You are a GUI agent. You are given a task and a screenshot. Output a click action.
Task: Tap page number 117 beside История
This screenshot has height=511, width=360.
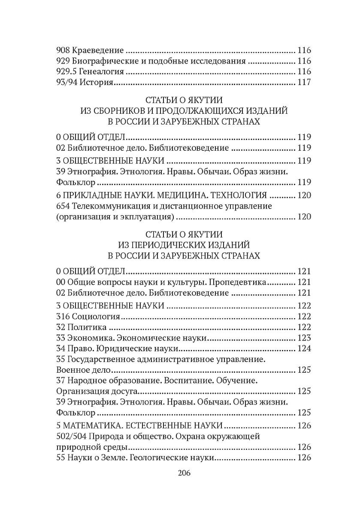click(304, 82)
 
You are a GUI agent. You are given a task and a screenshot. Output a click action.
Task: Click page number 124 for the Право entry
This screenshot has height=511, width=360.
click(304, 349)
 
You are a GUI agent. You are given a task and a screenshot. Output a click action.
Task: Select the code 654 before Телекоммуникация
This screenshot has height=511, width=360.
click(63, 206)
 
